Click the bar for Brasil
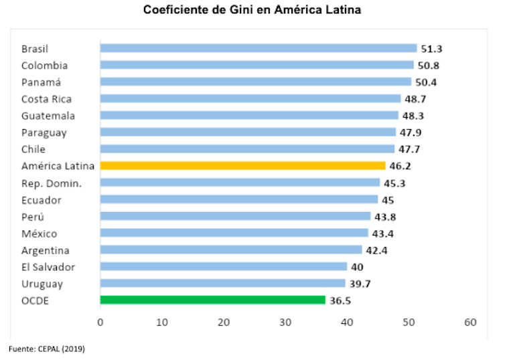tap(258, 48)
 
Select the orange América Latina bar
tap(242, 165)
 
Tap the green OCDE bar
tap(212, 300)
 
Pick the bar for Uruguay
tap(222, 284)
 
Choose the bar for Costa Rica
tap(250, 98)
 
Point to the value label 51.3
tap(433, 49)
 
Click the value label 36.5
tap(341, 301)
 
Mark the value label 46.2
tap(401, 166)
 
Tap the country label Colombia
tap(44, 66)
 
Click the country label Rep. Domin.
tap(51, 183)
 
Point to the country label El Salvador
tap(48, 267)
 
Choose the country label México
tap(39, 234)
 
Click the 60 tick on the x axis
tap(470, 323)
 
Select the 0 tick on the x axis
tap(100, 323)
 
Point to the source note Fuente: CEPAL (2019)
tap(47, 349)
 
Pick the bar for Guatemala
tap(249, 115)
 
